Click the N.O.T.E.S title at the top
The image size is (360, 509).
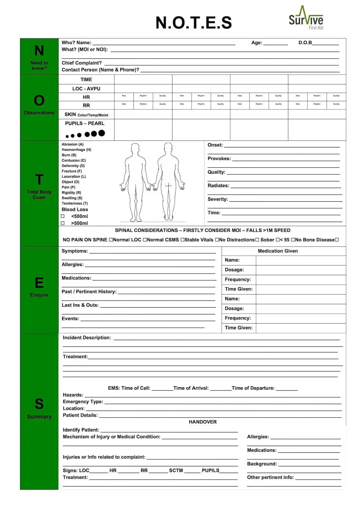(194, 23)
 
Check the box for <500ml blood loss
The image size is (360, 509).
(63, 216)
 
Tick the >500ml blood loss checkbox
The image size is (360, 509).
(63, 223)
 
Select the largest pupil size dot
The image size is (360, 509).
(102, 133)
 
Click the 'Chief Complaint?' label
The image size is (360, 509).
(82, 63)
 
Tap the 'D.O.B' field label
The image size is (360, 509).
(305, 43)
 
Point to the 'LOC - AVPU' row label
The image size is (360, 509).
(86, 89)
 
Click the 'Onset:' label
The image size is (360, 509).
(215, 145)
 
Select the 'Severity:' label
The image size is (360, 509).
(218, 199)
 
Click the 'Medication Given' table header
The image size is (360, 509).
(278, 251)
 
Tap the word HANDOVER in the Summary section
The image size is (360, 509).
(203, 422)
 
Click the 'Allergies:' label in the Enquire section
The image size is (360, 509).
(73, 265)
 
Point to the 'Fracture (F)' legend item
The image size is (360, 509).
(72, 171)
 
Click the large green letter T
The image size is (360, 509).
(39, 180)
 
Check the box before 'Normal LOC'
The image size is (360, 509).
(111, 240)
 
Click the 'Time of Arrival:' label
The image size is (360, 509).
(191, 388)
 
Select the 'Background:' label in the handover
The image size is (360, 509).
(262, 464)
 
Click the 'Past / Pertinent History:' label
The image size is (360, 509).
(89, 292)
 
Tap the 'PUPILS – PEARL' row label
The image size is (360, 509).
(85, 123)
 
